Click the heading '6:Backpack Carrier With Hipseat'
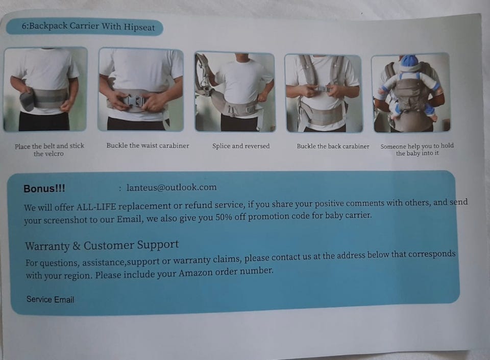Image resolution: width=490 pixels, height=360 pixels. click(x=88, y=27)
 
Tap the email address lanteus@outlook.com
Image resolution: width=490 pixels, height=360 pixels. click(x=171, y=187)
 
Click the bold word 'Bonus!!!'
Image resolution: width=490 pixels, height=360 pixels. click(x=44, y=189)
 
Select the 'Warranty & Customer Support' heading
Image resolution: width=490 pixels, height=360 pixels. click(x=102, y=245)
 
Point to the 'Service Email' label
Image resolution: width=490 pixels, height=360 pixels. click(x=51, y=299)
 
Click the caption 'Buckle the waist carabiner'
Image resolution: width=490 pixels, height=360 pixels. click(x=148, y=145)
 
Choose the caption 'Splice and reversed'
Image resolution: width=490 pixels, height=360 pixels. click(x=241, y=146)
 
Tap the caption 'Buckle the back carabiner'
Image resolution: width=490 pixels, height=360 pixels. click(x=333, y=146)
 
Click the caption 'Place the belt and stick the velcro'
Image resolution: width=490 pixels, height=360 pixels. click(x=50, y=149)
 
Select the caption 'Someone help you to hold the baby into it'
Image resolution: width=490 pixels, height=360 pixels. click(x=417, y=149)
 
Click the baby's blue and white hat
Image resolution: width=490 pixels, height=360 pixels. click(x=410, y=63)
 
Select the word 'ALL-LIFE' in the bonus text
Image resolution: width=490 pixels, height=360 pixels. click(x=96, y=207)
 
